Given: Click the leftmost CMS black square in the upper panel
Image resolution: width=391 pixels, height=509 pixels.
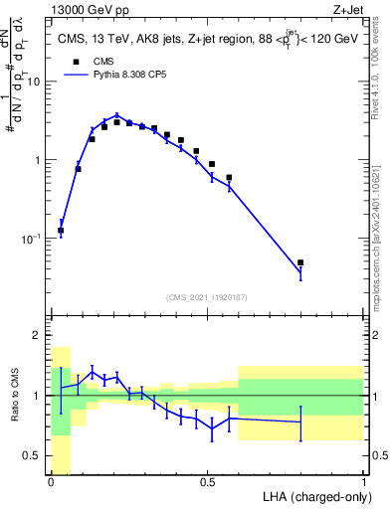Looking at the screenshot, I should [61, 231].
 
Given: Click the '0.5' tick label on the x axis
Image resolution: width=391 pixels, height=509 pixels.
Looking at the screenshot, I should [207, 482].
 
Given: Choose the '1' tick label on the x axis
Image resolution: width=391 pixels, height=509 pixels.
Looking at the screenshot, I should [363, 482].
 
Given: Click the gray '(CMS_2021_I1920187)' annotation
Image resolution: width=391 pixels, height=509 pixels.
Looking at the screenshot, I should [207, 297].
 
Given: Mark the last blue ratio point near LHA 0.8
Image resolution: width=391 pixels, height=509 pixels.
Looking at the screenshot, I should [300, 423].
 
